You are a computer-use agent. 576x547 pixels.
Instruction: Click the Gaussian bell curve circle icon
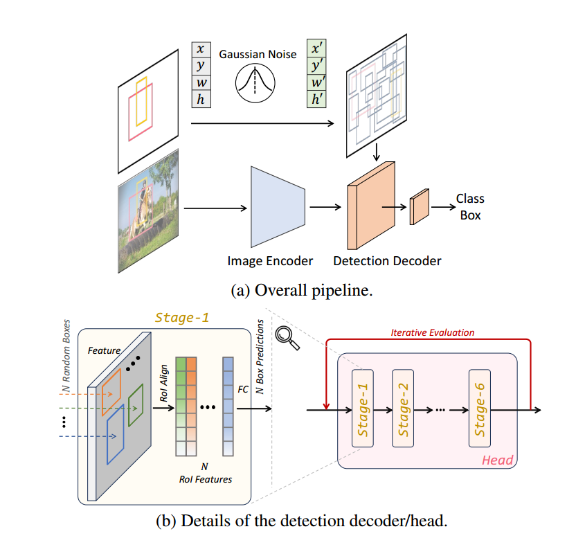pyautogui.click(x=251, y=82)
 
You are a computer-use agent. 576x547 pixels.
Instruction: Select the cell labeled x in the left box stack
pyautogui.click(x=200, y=50)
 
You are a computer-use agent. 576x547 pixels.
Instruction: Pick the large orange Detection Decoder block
pyautogui.click(x=371, y=206)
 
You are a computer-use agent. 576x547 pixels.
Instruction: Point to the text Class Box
pyautogui.click(x=470, y=206)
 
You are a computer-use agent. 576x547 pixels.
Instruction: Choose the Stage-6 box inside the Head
pyautogui.click(x=483, y=408)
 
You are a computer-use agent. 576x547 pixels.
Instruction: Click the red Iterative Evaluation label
pyautogui.click(x=433, y=332)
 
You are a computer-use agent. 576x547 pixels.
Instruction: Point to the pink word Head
pyautogui.click(x=497, y=459)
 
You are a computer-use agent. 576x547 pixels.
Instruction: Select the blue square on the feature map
pyautogui.click(x=116, y=434)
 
